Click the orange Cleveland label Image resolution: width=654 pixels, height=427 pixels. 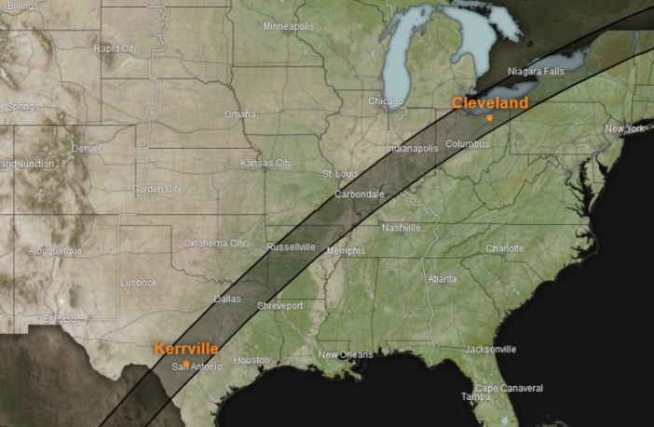(x=490, y=103)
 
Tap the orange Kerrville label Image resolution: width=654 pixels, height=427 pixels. (x=186, y=349)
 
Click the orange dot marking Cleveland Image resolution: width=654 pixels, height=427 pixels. (x=489, y=118)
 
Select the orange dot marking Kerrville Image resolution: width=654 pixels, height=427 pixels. (x=186, y=363)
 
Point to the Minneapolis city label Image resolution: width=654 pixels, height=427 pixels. (x=289, y=26)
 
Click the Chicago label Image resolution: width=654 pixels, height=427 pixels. (x=385, y=100)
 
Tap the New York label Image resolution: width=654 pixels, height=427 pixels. (x=625, y=128)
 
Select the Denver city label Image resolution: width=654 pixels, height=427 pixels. (x=87, y=148)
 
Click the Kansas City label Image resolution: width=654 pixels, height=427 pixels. (x=266, y=163)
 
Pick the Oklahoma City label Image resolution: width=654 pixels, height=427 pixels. (x=214, y=243)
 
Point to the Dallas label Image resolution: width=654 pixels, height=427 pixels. (x=226, y=299)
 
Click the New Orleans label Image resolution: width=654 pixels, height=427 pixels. (x=345, y=354)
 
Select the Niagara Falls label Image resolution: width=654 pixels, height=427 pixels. (x=537, y=72)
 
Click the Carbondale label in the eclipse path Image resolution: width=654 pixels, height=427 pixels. (x=359, y=193)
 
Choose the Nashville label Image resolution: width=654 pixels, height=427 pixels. (x=401, y=228)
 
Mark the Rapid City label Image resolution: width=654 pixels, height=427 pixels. (x=116, y=47)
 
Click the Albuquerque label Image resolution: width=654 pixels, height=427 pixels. (x=55, y=250)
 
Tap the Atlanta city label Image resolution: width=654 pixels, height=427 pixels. (x=442, y=279)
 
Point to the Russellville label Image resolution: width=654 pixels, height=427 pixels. (x=291, y=247)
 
